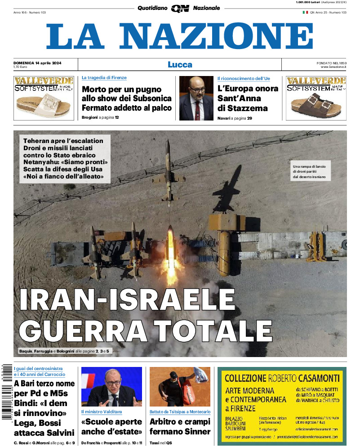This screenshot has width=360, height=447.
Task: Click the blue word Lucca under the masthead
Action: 180,64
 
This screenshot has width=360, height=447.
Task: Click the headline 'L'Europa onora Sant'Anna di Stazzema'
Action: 248,98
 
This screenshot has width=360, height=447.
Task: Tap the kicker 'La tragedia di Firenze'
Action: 104,78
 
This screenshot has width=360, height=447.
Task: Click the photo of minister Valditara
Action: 111,387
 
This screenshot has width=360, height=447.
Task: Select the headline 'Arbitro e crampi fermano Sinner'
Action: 180,427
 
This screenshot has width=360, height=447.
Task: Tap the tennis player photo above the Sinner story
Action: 180,387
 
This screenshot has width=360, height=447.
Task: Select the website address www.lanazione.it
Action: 333,67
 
